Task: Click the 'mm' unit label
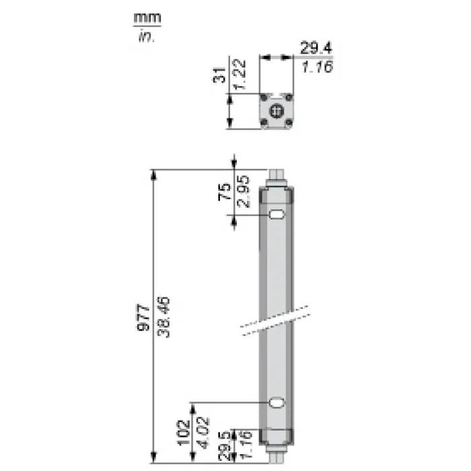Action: tap(147, 18)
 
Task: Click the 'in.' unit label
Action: tap(146, 36)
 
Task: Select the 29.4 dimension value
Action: tap(316, 48)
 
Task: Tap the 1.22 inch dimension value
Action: tap(240, 75)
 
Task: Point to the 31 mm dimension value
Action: tap(219, 75)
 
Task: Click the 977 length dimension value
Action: tap(143, 318)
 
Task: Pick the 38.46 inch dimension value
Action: tap(164, 317)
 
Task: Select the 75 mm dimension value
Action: tap(225, 192)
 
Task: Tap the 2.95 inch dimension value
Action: tap(243, 191)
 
